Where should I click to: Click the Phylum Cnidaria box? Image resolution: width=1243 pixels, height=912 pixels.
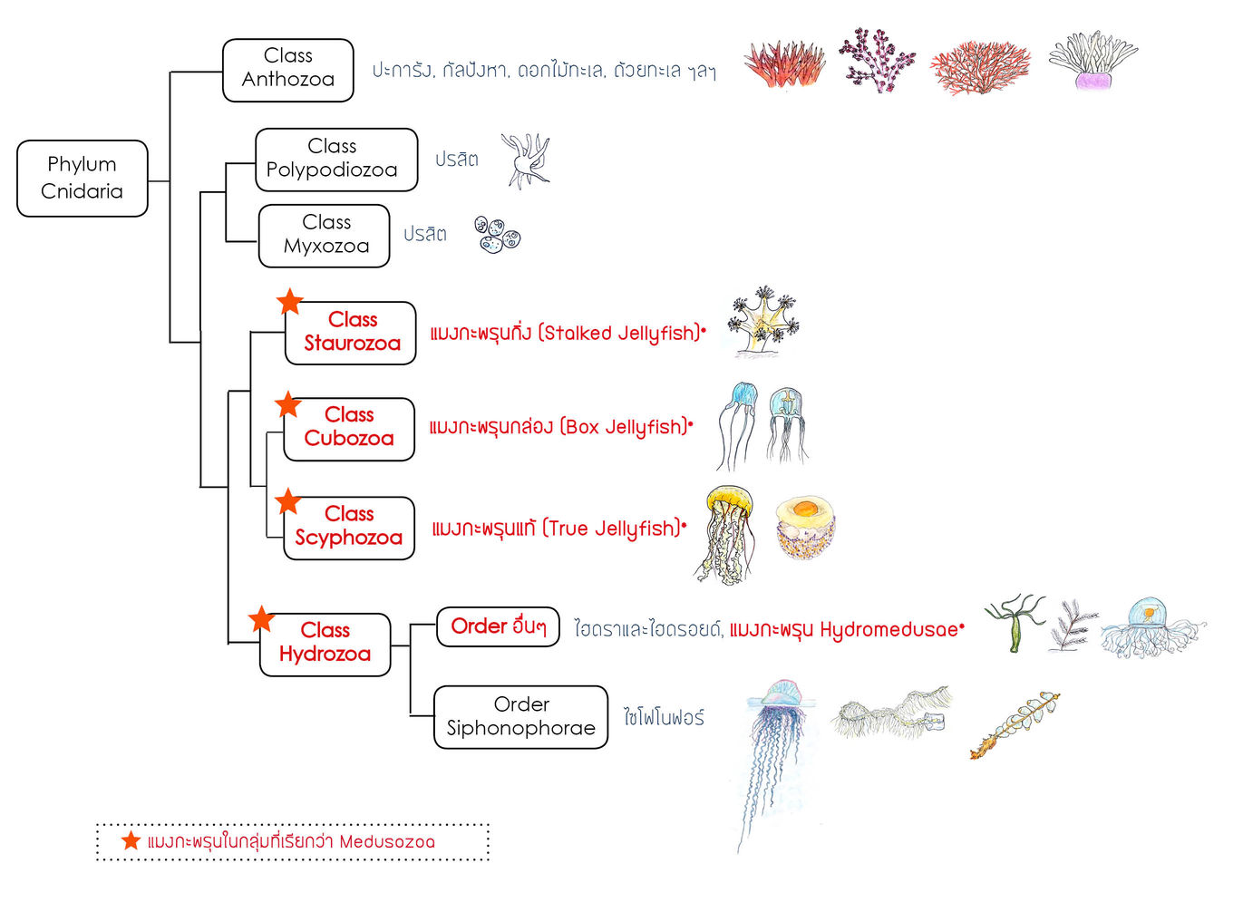[83, 178]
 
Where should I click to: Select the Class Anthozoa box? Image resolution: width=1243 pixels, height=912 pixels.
[287, 69]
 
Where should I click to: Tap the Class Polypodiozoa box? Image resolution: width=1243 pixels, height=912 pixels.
[335, 159]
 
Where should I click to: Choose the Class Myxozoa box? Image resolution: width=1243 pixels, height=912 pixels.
[324, 235]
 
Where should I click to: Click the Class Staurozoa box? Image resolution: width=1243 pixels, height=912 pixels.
[351, 332]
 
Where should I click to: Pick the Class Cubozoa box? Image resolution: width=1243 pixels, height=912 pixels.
[349, 428]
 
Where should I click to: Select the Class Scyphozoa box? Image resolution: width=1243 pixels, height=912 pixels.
[349, 527]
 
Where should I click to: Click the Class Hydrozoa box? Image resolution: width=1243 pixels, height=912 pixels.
[325, 643]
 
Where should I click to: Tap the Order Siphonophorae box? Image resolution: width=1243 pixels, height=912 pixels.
[520, 716]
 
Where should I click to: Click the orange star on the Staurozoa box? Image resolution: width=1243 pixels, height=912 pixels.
[289, 301]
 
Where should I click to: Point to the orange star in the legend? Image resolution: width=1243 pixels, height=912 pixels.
[131, 840]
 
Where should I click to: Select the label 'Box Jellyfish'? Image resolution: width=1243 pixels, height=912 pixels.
[626, 427]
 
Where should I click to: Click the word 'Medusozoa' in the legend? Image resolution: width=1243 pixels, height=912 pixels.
[386, 841]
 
